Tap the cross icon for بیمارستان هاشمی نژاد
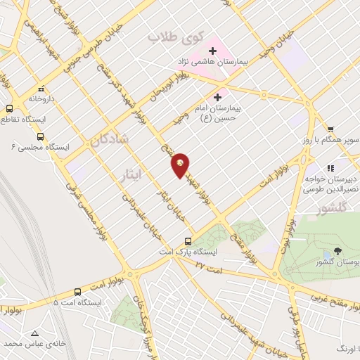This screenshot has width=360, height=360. pos(212,50)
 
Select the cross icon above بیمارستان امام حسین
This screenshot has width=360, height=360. pos(217,97)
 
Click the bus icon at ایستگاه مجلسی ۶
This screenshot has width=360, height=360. pos(40,136)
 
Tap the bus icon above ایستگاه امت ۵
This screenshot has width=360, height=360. pos(77,291)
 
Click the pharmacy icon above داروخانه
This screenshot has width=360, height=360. pos(41,89)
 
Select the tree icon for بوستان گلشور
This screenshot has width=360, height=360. pos(338,250)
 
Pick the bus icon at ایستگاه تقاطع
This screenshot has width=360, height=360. pos(10,109)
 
